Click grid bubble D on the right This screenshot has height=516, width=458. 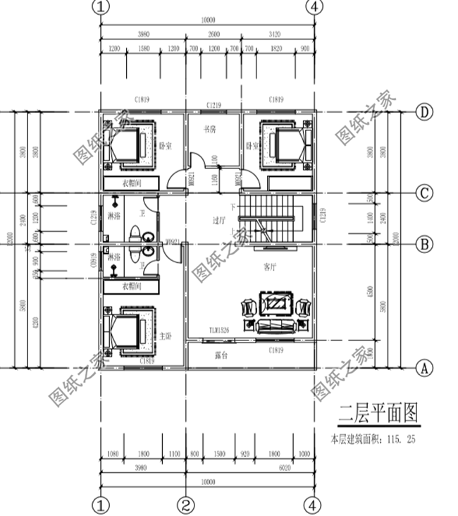[424, 112]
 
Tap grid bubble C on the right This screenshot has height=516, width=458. [424, 192]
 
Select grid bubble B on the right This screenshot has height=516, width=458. [424, 245]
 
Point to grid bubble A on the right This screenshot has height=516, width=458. [424, 367]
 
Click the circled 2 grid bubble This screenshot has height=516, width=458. [186, 505]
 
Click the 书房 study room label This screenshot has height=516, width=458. [209, 130]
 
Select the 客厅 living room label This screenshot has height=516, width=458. [271, 267]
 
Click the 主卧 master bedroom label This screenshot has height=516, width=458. [166, 336]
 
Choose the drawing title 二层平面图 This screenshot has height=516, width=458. [378, 413]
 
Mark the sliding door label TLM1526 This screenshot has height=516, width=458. [220, 330]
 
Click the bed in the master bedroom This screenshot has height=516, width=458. [126, 333]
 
